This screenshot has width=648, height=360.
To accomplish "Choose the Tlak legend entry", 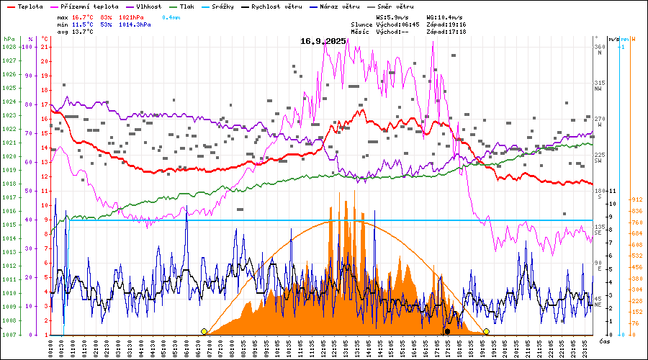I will point(189,6).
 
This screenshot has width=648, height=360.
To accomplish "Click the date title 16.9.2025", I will point(323,41).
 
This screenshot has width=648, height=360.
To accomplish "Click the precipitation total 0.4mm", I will point(171,17).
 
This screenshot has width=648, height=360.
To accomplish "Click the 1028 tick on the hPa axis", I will point(9,47).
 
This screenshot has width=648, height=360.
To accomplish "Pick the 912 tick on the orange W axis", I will point(636,199).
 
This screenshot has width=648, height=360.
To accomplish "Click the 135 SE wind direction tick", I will point(598,230).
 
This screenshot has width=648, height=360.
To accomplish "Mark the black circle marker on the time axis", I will point(447,332).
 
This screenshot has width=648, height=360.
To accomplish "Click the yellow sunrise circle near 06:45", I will point(204,331).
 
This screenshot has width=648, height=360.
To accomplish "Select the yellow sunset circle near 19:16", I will point(486,331).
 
